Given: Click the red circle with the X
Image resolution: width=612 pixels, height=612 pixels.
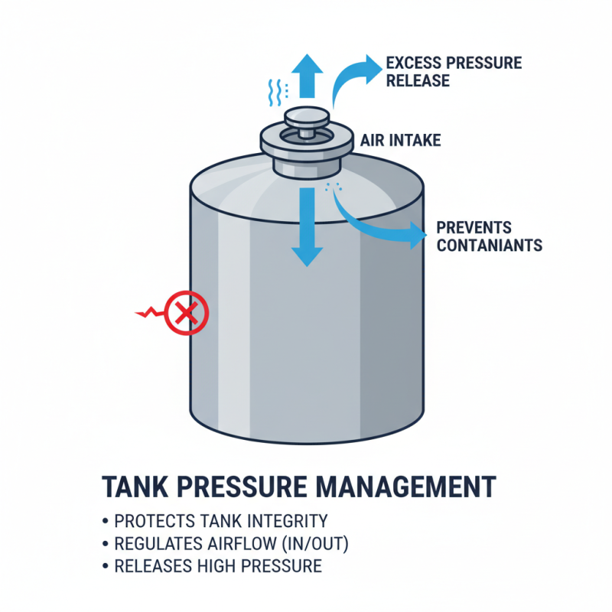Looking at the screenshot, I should click(x=184, y=312).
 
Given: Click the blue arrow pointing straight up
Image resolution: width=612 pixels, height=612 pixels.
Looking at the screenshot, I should click(x=310, y=75).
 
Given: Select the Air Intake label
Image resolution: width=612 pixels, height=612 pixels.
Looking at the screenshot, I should click(x=400, y=142).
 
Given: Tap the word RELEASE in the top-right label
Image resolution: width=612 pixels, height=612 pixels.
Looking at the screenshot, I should click(x=418, y=80).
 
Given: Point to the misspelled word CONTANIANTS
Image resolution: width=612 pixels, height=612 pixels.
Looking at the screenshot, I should click(x=489, y=246).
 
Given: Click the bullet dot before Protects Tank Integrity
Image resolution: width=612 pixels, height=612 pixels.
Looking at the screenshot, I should click(x=105, y=522).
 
